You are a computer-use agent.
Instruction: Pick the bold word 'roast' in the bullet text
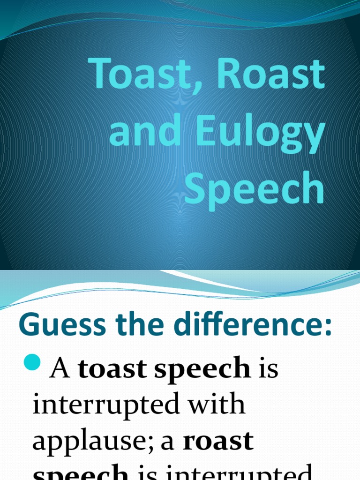pyautogui.click(x=218, y=441)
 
